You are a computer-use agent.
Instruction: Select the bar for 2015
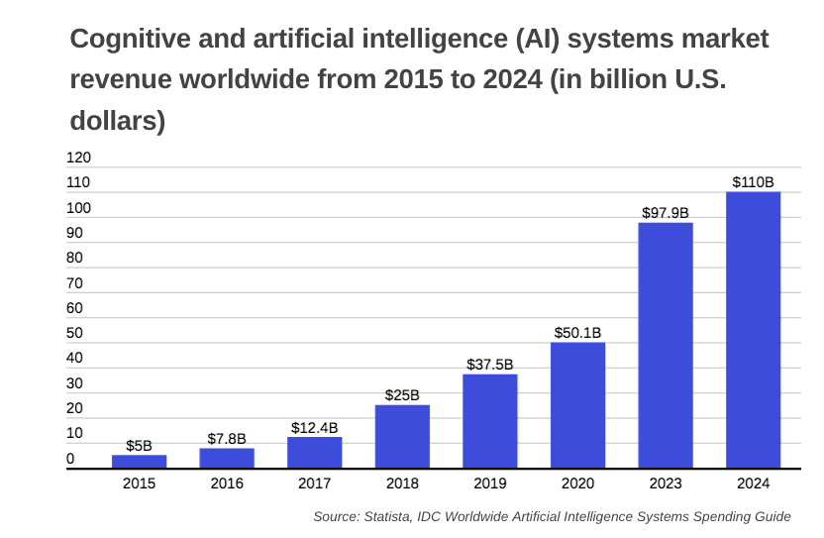point(139,461)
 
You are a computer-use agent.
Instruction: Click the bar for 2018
point(402,436)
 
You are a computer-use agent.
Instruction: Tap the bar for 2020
point(577,405)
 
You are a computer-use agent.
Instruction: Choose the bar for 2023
point(665,345)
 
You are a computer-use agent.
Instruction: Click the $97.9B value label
point(665,213)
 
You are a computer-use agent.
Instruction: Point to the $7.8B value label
point(227,438)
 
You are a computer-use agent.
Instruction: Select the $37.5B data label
point(489,365)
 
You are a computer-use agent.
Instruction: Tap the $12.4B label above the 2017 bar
point(314,427)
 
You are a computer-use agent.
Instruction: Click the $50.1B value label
point(577,333)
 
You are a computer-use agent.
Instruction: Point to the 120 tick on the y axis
point(78,158)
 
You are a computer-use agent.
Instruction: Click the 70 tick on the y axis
point(74,283)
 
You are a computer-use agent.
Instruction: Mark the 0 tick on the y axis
point(70,459)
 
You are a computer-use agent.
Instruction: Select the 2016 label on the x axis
point(227,484)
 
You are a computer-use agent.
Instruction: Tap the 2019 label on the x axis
point(489,484)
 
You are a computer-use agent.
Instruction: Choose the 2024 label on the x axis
point(753,484)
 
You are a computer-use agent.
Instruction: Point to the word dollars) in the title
point(117,121)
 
